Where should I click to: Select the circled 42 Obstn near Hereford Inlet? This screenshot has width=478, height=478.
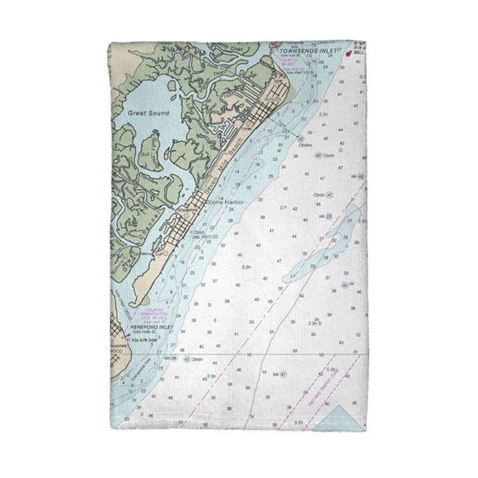(x=187, y=358)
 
